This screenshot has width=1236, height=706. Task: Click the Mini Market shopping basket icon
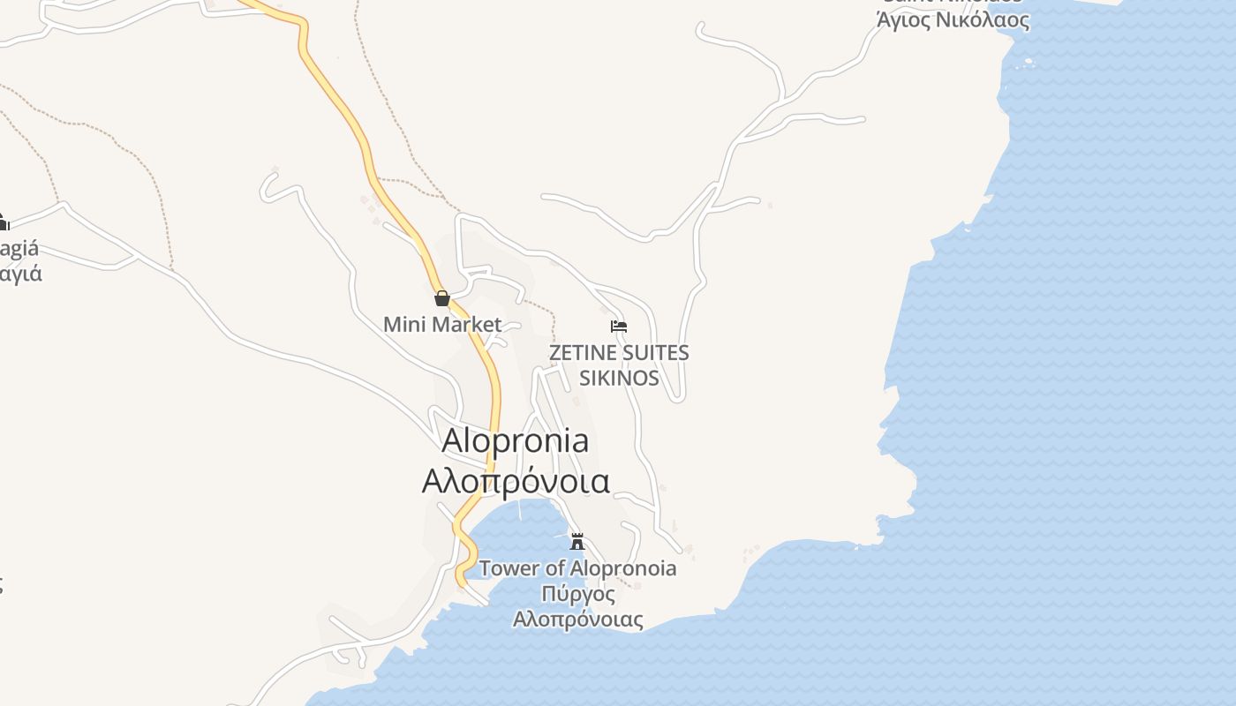coord(442,298)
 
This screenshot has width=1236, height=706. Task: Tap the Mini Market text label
coord(442,324)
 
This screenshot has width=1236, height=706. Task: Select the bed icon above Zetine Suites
coord(619,327)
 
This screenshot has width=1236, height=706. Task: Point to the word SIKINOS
coord(618,378)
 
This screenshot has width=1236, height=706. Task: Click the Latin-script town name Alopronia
coord(516,439)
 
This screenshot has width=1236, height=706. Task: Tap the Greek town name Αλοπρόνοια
coord(516,482)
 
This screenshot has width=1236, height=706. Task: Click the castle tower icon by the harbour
coord(577,541)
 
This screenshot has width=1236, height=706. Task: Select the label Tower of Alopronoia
coord(578,568)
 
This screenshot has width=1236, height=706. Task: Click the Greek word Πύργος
coord(578,594)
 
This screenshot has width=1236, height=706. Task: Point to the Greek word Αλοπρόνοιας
coord(578,620)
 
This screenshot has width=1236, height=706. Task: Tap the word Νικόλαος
coord(984,19)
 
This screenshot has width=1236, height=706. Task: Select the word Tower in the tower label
coord(509,568)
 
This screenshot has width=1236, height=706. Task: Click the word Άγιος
coord(906,19)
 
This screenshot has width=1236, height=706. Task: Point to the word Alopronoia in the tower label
coord(623,568)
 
